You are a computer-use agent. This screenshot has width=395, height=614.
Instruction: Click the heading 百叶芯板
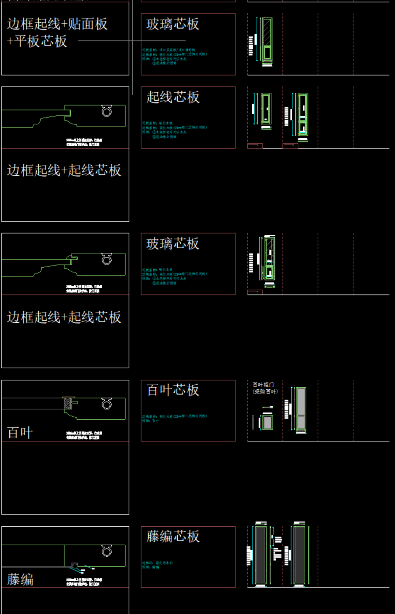click(x=173, y=390)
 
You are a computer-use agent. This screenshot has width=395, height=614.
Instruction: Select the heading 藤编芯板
click(x=173, y=536)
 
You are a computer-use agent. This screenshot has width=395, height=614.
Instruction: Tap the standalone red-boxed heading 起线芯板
click(x=173, y=97)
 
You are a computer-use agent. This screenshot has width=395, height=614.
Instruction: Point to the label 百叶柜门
click(x=263, y=385)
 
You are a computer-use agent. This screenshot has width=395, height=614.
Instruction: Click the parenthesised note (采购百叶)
click(x=265, y=391)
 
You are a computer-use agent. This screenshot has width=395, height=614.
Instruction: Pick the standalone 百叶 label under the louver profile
click(x=20, y=433)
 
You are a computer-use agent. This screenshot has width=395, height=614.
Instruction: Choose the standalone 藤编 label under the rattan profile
click(x=20, y=579)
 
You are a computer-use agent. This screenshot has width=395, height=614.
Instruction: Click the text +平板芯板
click(x=37, y=41)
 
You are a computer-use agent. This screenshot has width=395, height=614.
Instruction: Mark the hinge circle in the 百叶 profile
click(x=107, y=405)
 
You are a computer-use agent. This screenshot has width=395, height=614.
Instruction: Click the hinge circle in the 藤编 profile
click(x=107, y=551)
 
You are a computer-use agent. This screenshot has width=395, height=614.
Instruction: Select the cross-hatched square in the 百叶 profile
click(x=67, y=403)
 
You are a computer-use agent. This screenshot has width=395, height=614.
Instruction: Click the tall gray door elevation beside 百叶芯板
click(x=301, y=409)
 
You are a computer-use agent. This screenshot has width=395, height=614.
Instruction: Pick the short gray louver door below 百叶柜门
click(x=267, y=422)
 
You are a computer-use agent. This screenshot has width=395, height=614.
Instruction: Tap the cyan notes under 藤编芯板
click(x=157, y=565)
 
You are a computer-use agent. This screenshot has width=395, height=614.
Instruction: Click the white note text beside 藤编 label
click(x=84, y=582)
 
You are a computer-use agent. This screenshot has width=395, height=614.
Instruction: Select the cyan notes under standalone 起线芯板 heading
click(x=174, y=130)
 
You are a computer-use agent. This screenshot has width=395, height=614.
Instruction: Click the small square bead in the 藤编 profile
click(x=75, y=565)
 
